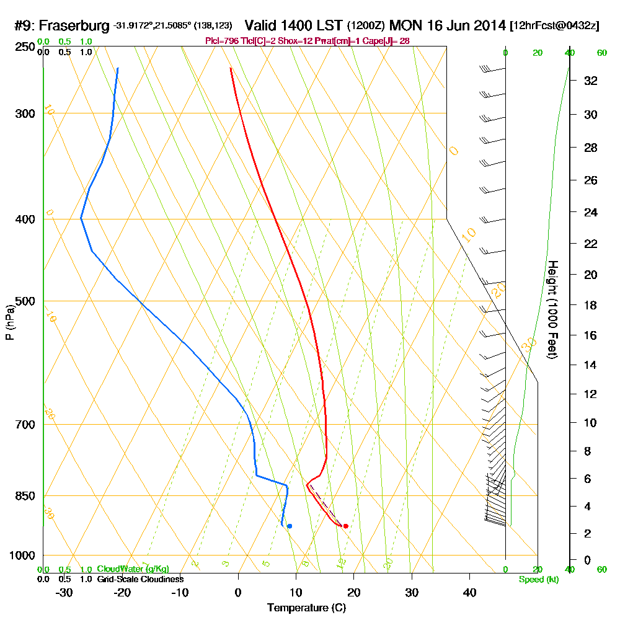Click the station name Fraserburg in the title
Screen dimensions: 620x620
pyautogui.click(x=76, y=26)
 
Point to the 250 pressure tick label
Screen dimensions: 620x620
pyautogui.click(x=22, y=47)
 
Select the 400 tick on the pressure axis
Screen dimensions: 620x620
pyautogui.click(x=22, y=219)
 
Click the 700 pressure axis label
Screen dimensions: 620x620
pyautogui.click(x=22, y=424)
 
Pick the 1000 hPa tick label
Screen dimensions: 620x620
pyautogui.click(x=19, y=555)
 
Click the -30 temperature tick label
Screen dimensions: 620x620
pyautogui.click(x=64, y=592)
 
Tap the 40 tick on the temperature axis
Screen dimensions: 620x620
pyautogui.click(x=469, y=592)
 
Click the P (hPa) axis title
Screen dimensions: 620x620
pyautogui.click(x=9, y=322)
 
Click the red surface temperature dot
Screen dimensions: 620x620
pyautogui.click(x=345, y=526)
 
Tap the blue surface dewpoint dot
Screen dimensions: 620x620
pyautogui.click(x=290, y=526)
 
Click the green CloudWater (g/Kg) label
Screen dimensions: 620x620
pyautogui.click(x=133, y=569)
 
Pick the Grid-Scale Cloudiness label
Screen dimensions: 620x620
pyautogui.click(x=139, y=579)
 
